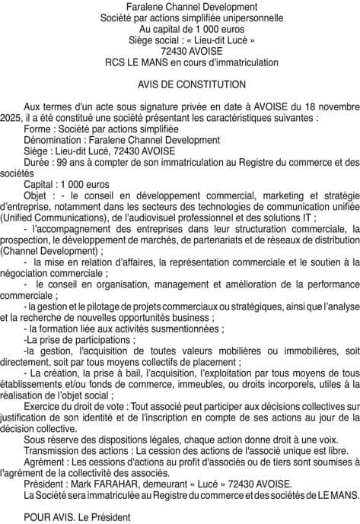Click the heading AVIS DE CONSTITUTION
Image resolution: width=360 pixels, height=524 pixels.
coord(181,84)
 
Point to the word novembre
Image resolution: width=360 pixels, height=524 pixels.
coord(338,106)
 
